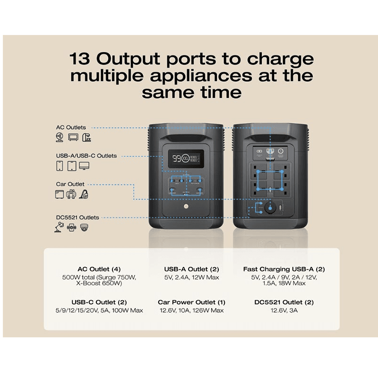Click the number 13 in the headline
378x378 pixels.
[79, 59]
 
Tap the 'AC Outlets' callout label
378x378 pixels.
[71, 127]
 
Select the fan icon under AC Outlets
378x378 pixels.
[60, 137]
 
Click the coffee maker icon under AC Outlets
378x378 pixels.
[86, 137]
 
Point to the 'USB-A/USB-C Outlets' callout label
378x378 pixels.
[86, 156]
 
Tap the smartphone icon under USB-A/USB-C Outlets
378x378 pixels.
[60, 166]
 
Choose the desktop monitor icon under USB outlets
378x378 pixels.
[84, 166]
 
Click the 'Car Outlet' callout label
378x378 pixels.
[70, 184]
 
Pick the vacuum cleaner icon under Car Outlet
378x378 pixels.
[84, 194]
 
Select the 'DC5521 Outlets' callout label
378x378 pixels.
[77, 217]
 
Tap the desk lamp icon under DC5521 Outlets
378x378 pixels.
[60, 227]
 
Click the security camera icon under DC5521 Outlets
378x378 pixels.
[84, 227]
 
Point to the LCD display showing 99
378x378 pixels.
[186, 158]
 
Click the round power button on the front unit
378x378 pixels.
[186, 206]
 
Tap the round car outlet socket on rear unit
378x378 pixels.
[270, 208]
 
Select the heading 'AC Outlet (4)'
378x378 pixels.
[99, 269]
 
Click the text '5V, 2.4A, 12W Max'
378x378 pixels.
[192, 277]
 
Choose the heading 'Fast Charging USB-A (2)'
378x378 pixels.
[284, 269]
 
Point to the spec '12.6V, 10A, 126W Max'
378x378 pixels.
[192, 310]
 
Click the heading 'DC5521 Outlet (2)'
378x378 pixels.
[284, 302]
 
